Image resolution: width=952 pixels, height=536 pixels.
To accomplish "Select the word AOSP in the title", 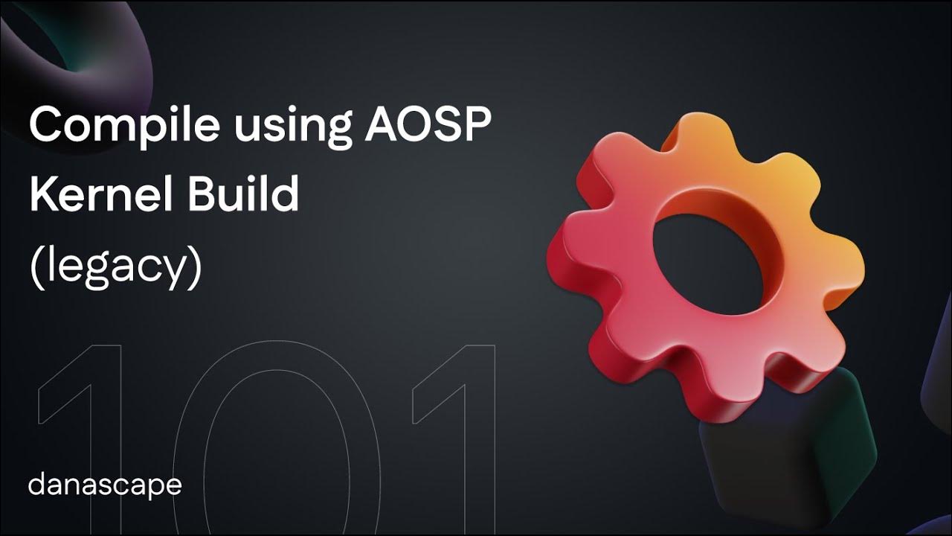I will tap(428, 124).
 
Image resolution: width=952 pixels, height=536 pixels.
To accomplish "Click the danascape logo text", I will tap(105, 485).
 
